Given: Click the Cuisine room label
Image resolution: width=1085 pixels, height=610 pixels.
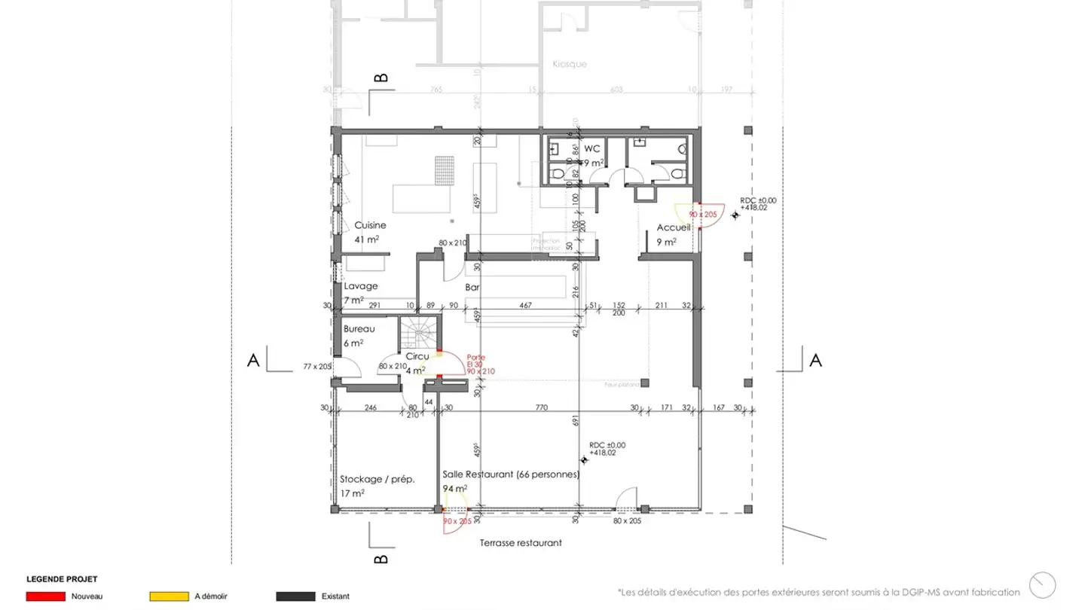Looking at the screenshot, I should click(371, 225).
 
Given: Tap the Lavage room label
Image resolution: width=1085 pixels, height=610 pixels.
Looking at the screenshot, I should click(361, 287).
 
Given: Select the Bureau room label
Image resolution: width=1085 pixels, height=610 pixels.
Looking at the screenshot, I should click(359, 329).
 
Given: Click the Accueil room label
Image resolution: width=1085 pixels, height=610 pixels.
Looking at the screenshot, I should click(674, 227).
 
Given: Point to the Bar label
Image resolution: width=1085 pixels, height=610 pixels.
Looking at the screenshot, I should click(473, 288).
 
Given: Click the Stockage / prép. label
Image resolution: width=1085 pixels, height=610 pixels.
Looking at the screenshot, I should click(377, 479).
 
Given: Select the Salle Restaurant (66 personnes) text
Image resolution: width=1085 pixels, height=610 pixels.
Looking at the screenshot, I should click(511, 475).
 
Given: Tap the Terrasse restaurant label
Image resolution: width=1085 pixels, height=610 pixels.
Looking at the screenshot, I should click(521, 542).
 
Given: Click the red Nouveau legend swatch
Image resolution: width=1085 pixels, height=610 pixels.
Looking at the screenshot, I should click(44, 596).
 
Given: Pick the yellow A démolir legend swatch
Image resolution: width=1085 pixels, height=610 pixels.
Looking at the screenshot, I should click(169, 596).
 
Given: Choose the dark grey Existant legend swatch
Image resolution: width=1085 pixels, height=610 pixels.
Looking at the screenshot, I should click(295, 596).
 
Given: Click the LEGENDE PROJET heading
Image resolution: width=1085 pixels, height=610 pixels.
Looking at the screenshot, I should click(62, 579).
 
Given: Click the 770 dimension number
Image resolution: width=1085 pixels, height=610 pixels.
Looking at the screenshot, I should click(540, 407).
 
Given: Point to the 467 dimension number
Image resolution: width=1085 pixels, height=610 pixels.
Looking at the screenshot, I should click(526, 305).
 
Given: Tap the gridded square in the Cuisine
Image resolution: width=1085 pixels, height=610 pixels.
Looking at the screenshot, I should click(445, 169).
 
